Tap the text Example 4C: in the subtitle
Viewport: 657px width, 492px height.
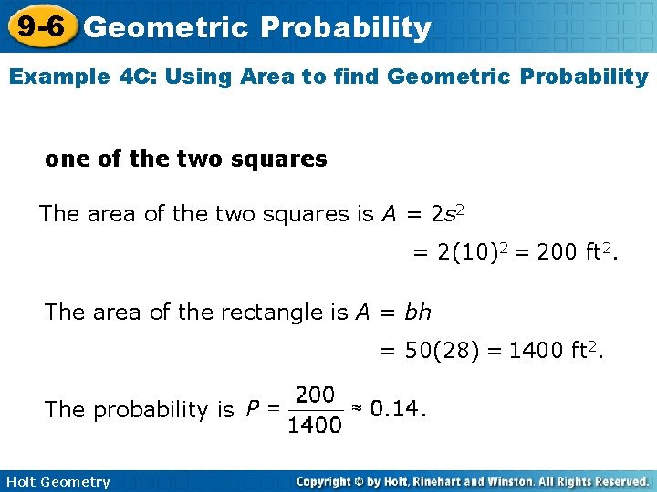coord(71,77)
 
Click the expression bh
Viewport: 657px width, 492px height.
coord(417,313)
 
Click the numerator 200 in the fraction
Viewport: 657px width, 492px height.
coord(316,395)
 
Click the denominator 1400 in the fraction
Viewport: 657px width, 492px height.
coord(315,425)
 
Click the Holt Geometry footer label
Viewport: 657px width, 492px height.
coord(57,482)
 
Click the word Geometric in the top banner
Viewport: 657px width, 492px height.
coord(165,28)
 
